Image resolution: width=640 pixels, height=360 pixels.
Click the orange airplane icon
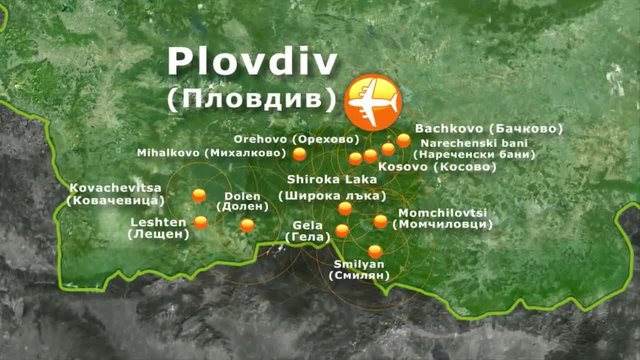(372, 101)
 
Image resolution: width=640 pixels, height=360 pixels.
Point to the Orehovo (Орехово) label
(296, 138)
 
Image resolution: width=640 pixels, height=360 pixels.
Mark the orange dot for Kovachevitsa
(199, 194)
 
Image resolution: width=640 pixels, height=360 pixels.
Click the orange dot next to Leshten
(201, 222)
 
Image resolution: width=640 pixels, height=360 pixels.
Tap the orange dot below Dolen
(247, 225)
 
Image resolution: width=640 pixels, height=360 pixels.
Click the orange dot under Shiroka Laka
(345, 209)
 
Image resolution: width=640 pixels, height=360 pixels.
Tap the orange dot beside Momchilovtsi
(380, 221)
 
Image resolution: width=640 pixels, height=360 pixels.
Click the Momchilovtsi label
(444, 219)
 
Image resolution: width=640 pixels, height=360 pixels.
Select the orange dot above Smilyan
(375, 251)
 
